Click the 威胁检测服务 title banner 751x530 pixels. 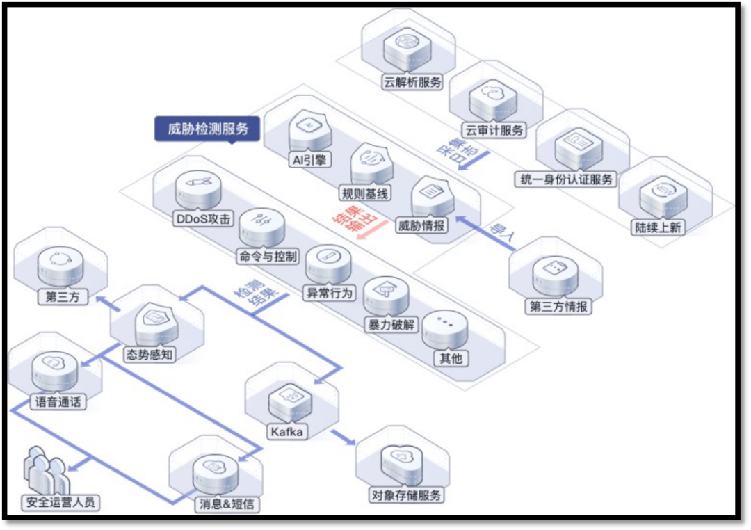coord(208,129)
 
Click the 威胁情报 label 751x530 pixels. coord(422,225)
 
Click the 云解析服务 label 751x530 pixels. coord(412,82)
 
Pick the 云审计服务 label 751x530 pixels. coord(494,130)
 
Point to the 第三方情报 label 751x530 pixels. coord(558,306)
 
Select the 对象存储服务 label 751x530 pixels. coord(406,495)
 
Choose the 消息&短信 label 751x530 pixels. coord(225,504)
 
